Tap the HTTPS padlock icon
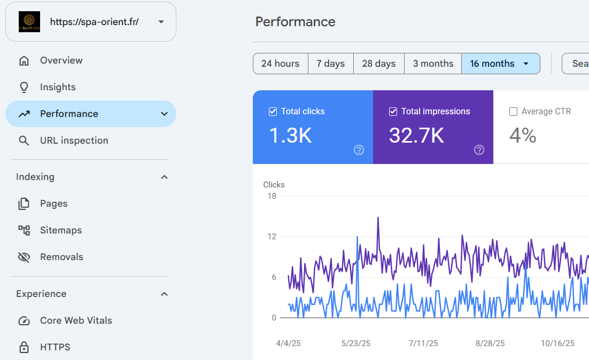pyautogui.click(x=24, y=347)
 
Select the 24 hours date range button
pyautogui.click(x=280, y=64)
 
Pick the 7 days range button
pyautogui.click(x=330, y=64)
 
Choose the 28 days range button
pyautogui.click(x=378, y=64)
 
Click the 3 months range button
pyautogui.click(x=433, y=64)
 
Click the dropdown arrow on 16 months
pyautogui.click(x=526, y=64)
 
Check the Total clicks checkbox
pyautogui.click(x=273, y=112)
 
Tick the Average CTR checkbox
pyautogui.click(x=513, y=112)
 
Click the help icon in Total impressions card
pyautogui.click(x=479, y=150)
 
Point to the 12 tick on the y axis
pyautogui.click(x=272, y=237)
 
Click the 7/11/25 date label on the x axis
pyautogui.click(x=423, y=343)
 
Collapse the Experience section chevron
pyautogui.click(x=164, y=294)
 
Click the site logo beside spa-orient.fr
pyautogui.click(x=29, y=22)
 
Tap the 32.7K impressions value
pyautogui.click(x=416, y=135)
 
